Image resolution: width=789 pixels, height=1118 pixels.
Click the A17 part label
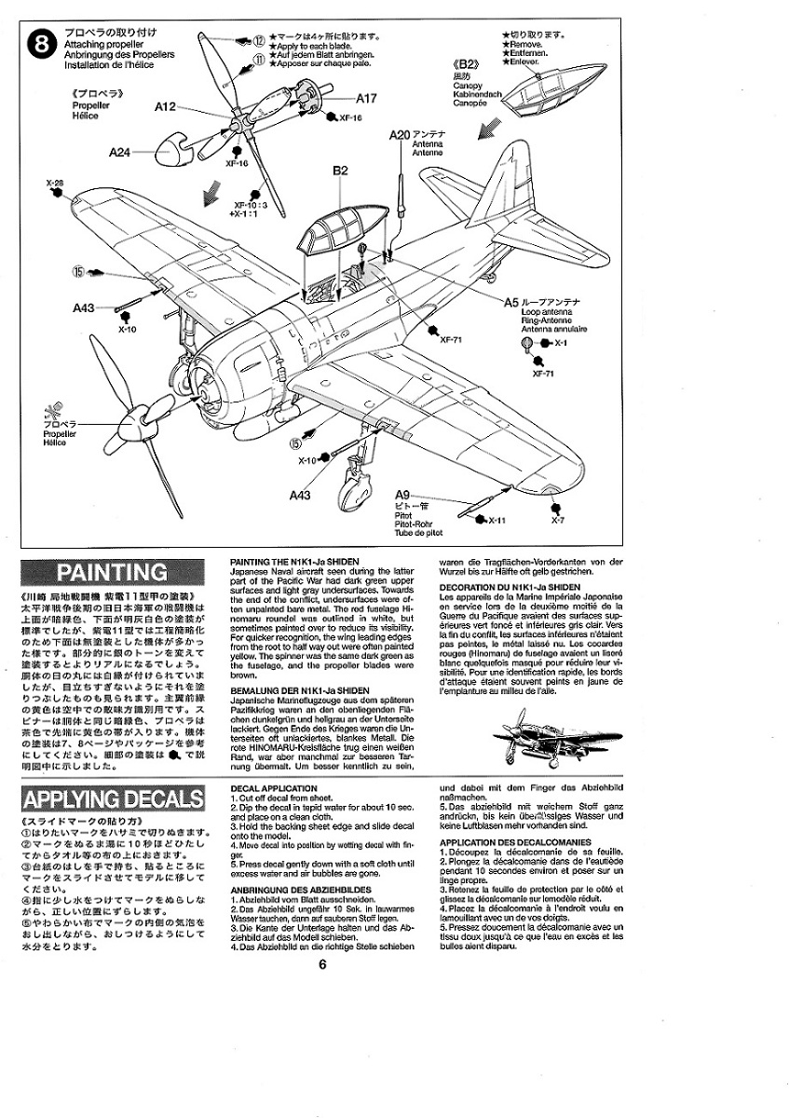pyautogui.click(x=365, y=98)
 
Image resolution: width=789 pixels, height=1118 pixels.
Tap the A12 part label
pyautogui.click(x=165, y=108)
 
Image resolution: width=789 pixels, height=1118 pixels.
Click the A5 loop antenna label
pyautogui.click(x=511, y=303)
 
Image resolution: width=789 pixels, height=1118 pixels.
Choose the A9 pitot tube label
pyautogui.click(x=402, y=495)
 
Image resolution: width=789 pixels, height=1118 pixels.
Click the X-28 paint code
pyautogui.click(x=53, y=183)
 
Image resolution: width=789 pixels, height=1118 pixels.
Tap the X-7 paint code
pyautogui.click(x=556, y=520)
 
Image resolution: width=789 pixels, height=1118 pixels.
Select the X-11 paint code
pyautogui.click(x=496, y=520)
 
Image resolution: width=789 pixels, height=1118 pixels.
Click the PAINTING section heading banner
pyautogui.click(x=113, y=572)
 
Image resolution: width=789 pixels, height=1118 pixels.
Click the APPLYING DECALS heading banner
pyautogui.click(x=113, y=798)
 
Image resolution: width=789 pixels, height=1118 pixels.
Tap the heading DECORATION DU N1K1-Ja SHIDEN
pyautogui.click(x=510, y=587)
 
